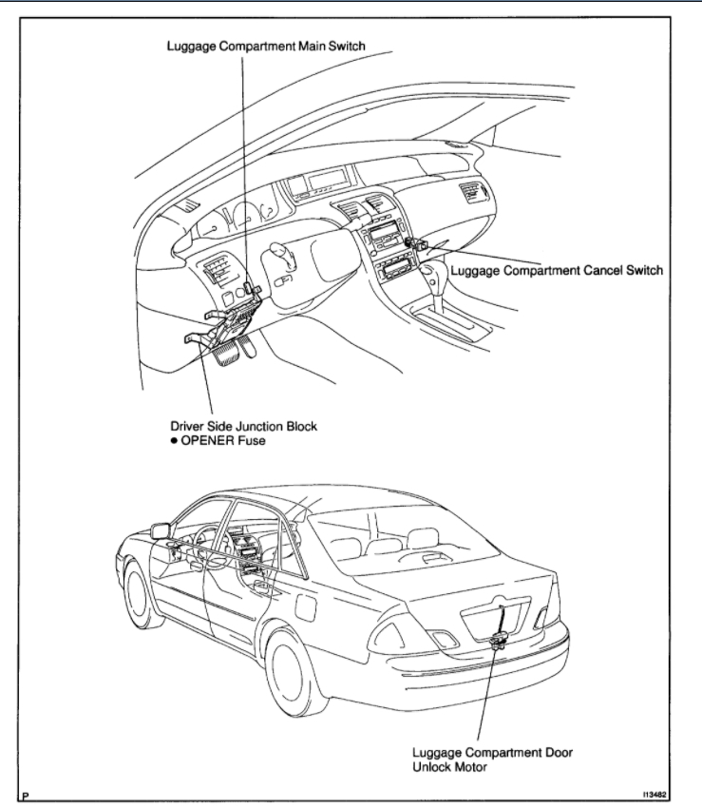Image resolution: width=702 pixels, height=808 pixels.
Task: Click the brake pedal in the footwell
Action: coord(227,354)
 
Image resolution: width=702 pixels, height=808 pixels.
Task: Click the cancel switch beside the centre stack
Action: coord(414,244)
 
